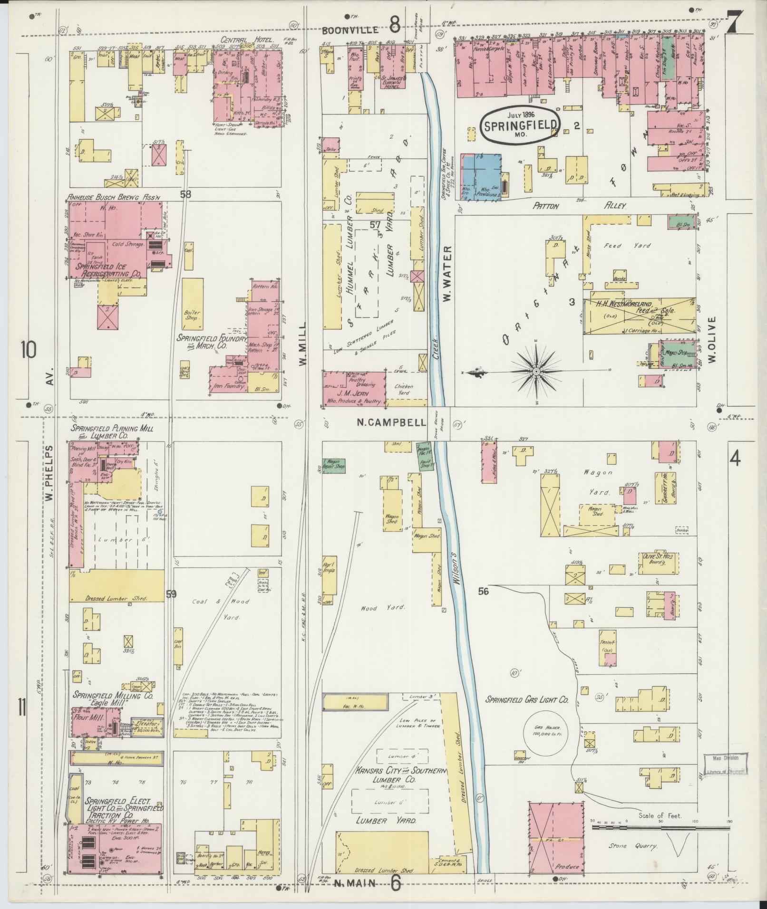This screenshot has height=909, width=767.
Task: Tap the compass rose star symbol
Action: pos(536,370)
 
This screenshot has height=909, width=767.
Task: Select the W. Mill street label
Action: pos(303,343)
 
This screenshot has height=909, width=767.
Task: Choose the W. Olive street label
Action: pos(712,339)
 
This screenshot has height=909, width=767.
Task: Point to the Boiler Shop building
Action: pos(193,316)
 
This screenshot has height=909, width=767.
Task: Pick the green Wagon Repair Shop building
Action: pos(333,465)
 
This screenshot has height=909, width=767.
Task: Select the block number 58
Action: pos(185,194)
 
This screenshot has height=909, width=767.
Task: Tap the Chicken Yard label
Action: pos(403,390)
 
